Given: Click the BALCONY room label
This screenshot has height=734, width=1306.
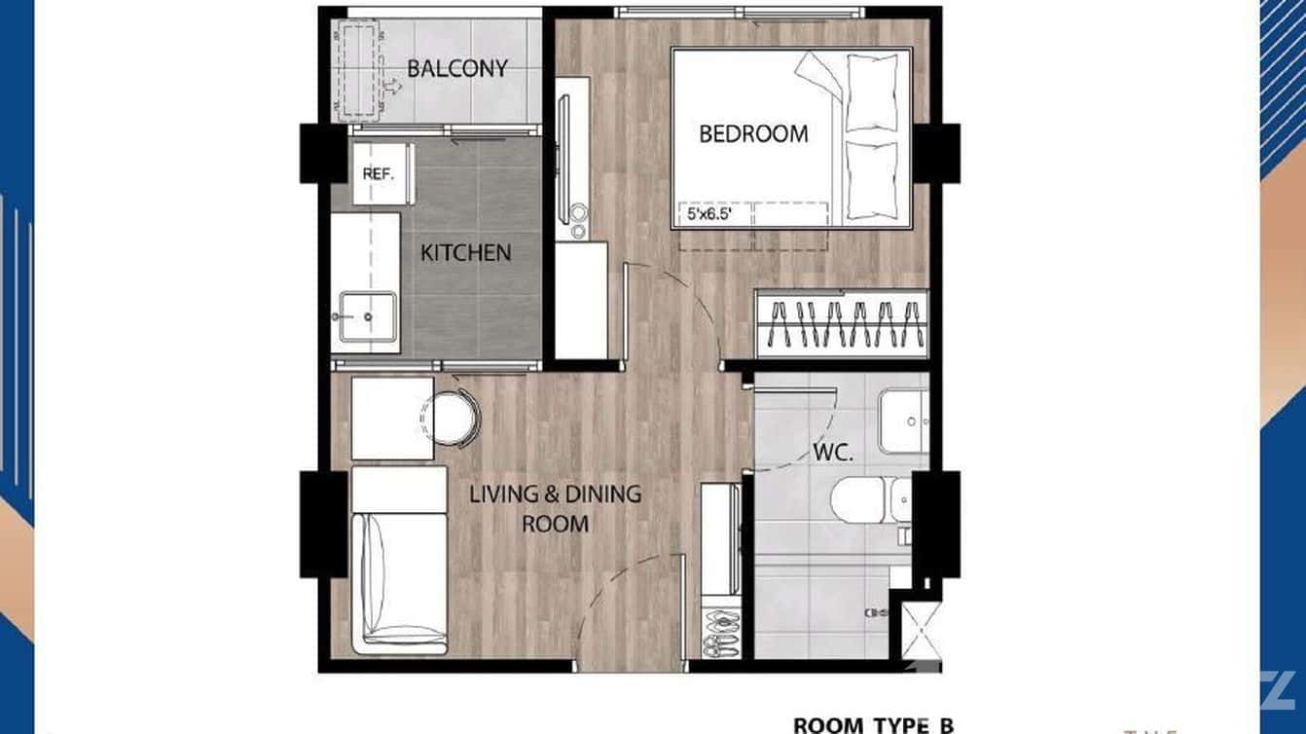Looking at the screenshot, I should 457,69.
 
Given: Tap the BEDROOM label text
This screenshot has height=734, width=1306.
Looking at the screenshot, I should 753,133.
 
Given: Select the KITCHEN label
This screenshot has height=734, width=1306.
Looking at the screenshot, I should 465,253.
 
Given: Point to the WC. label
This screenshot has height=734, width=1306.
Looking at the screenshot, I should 833,453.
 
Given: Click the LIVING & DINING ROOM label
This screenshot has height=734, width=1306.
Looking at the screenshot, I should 556,508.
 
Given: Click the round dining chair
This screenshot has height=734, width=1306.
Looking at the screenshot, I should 453,417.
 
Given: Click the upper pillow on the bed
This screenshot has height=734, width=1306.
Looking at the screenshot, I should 872,93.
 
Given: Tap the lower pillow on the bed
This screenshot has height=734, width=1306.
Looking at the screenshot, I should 871,180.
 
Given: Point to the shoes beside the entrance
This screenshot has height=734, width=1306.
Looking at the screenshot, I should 721,634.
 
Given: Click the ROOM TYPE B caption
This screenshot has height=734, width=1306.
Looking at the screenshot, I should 872,724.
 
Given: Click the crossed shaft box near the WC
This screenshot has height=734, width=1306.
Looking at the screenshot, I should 916,631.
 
